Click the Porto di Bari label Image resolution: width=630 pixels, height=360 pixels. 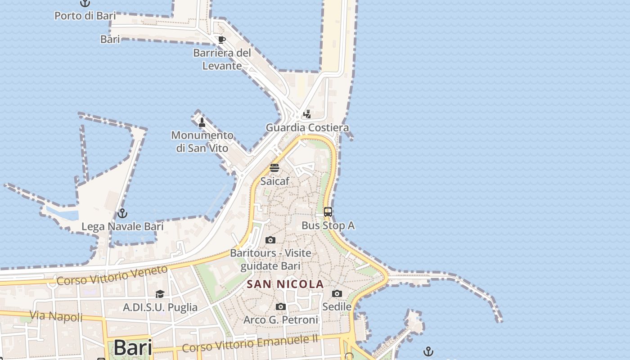click(x=85, y=16)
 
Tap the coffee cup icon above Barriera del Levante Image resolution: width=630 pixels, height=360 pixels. click(x=221, y=40)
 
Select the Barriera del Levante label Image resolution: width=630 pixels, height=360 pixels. click(x=222, y=59)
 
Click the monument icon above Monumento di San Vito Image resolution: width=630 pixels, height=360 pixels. click(x=202, y=122)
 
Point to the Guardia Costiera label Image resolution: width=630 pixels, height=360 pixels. click(x=307, y=127)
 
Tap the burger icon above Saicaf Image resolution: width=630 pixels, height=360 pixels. click(x=274, y=168)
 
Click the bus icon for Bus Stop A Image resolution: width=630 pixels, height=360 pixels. click(x=328, y=211)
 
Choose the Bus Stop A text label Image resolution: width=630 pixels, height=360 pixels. click(x=328, y=225)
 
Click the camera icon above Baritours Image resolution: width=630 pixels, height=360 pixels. click(x=270, y=240)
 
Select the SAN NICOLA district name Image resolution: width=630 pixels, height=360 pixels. click(x=285, y=284)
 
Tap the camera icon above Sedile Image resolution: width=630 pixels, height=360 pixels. click(x=337, y=294)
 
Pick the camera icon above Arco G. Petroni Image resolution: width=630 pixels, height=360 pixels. click(x=281, y=307)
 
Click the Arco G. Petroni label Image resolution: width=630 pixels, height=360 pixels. click(x=281, y=319)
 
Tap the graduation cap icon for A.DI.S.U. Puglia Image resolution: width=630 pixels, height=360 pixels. click(x=160, y=294)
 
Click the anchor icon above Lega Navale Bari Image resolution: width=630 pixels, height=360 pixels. click(x=122, y=213)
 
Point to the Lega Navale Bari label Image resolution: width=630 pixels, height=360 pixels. click(x=122, y=226)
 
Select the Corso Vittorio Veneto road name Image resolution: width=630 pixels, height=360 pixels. click(x=112, y=275)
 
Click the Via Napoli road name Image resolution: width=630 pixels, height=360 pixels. click(x=56, y=316)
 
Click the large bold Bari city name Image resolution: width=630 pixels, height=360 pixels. click(x=133, y=347)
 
